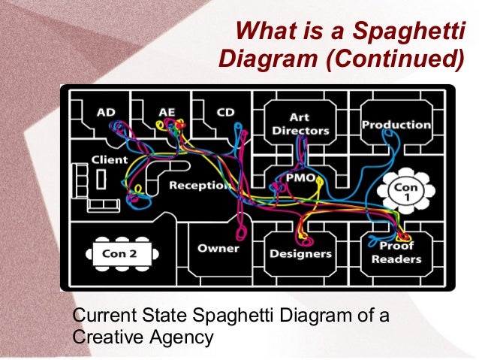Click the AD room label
coord(106,113)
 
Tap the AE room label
coord(167,113)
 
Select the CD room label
coord(225,113)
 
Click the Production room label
coord(396,125)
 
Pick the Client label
coord(110,160)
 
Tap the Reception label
coord(199,185)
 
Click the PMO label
coord(300,177)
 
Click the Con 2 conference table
coord(120,253)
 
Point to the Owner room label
coord(218,248)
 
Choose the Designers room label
coord(300,253)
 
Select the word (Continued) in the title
coord(400,59)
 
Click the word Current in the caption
coord(104,316)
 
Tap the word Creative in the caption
coord(104,337)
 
